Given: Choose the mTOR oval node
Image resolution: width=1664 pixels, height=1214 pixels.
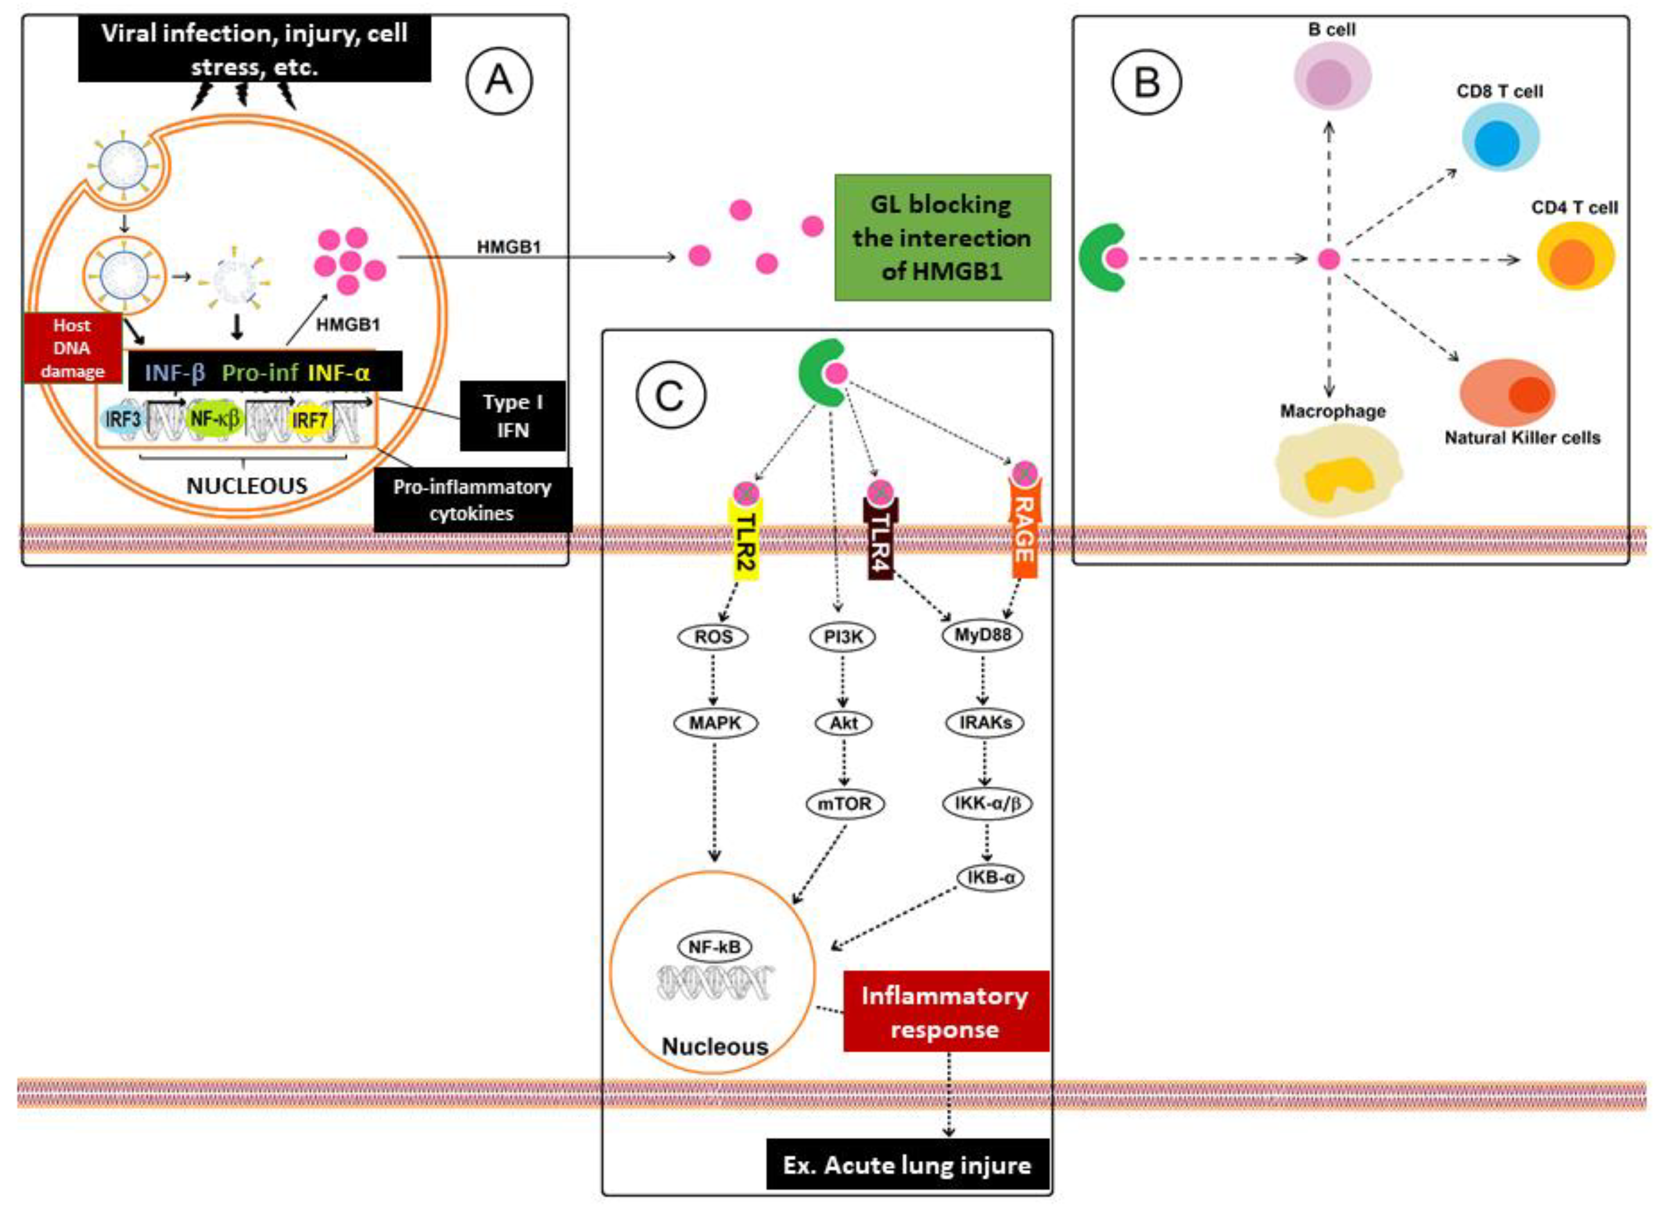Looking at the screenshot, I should click(844, 803).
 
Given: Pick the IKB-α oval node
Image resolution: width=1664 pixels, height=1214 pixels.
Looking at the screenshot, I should click(990, 877).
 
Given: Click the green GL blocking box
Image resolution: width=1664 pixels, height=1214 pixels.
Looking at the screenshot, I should click(942, 237).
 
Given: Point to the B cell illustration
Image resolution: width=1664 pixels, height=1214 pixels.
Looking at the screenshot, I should click(1332, 75).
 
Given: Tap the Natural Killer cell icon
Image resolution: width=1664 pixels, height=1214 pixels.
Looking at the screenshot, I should click(1507, 392).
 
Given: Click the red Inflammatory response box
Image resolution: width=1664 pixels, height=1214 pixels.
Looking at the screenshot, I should click(945, 1012).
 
